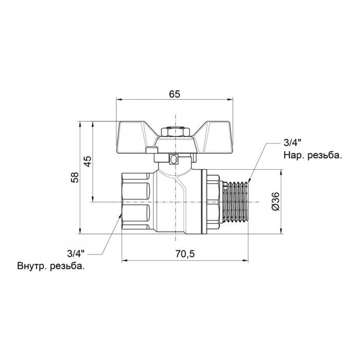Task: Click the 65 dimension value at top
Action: pos(174,94)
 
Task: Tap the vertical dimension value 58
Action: pos(75,177)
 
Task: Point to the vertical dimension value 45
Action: pos(87,161)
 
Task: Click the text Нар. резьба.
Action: pos(312,155)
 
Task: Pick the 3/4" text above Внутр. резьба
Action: pos(76,253)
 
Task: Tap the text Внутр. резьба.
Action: pos(51,266)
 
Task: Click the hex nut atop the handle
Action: pos(175,132)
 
